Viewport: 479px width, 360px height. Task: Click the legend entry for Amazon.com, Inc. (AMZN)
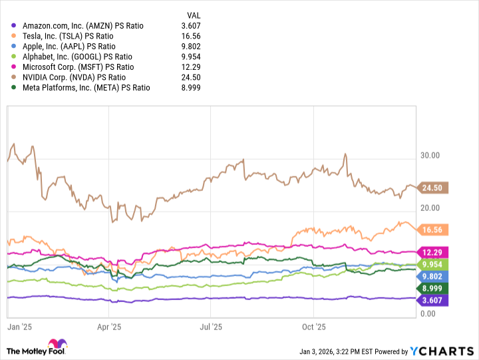86,25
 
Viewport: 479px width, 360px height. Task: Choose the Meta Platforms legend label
84,87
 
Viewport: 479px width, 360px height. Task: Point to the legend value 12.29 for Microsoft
190,67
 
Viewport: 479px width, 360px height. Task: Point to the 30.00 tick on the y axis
431,156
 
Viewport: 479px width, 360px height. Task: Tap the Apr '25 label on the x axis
109,327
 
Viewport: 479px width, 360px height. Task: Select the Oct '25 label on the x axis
313,327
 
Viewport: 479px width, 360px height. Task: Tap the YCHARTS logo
440,351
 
